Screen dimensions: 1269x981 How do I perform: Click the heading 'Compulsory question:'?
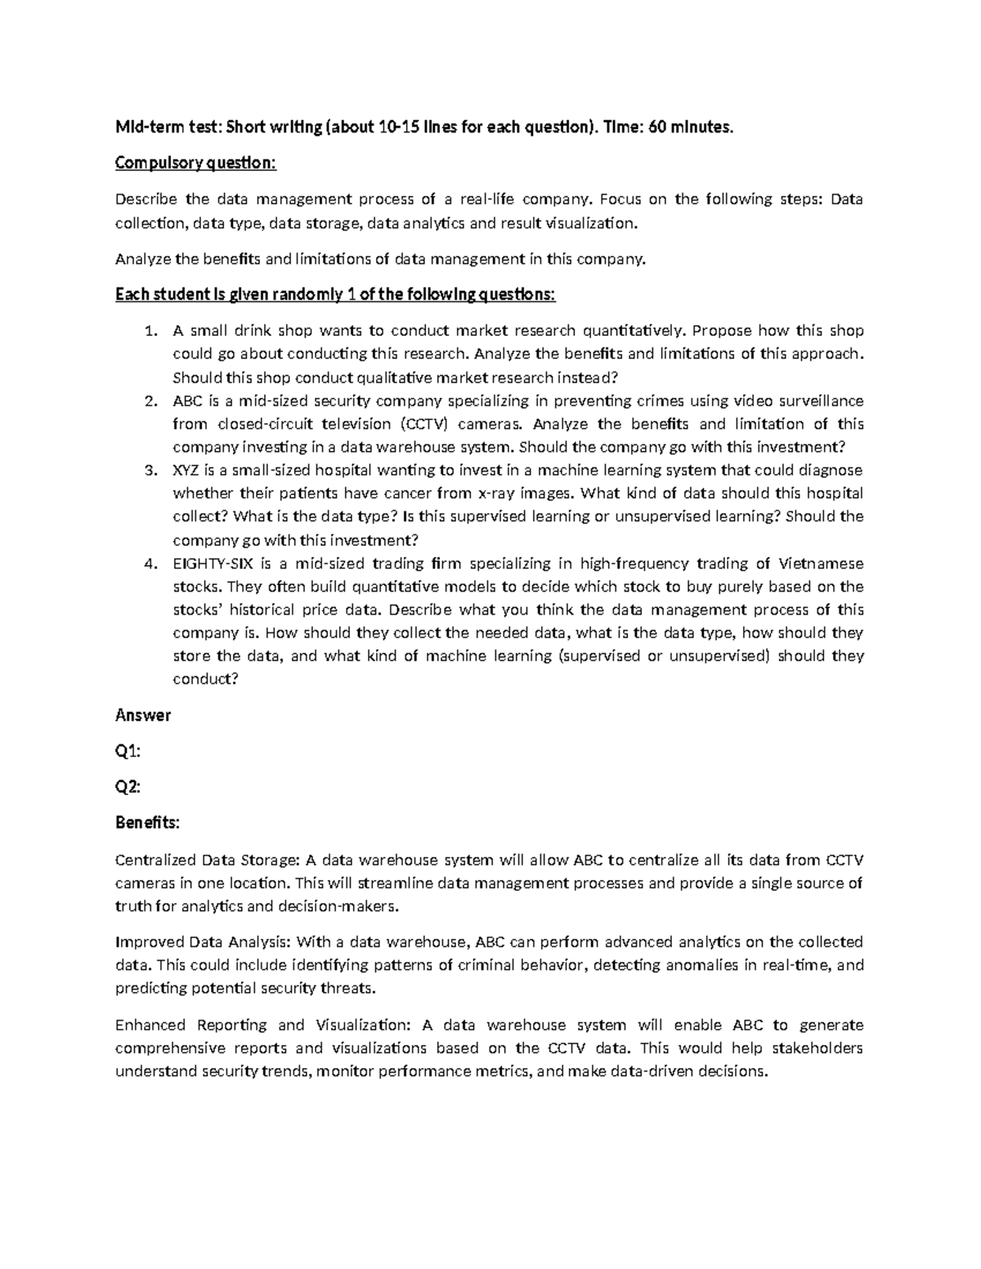coord(196,163)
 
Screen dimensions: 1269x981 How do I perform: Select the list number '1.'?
coord(149,331)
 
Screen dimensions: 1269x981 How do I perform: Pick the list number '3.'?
coord(149,471)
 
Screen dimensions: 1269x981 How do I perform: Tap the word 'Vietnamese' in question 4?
coord(821,564)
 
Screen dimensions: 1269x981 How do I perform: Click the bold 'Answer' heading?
coord(143,716)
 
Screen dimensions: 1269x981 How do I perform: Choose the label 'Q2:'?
coord(128,787)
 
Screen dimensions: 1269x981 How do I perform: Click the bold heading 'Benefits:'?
coord(147,823)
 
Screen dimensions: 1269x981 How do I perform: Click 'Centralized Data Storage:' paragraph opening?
coord(208,860)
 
